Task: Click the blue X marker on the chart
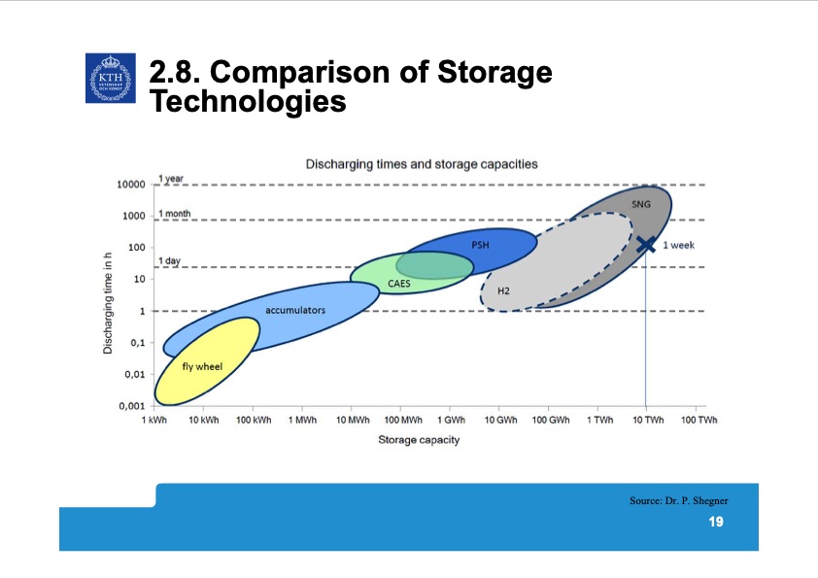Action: click(646, 245)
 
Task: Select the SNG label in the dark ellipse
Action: click(641, 205)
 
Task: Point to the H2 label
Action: click(503, 290)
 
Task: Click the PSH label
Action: click(480, 245)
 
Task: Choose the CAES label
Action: click(399, 284)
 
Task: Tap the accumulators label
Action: click(295, 310)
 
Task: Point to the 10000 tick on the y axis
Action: click(131, 185)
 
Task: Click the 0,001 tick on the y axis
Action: click(131, 406)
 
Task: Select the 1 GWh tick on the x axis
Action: click(450, 420)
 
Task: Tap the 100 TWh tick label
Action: click(699, 420)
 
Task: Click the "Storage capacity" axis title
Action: click(419, 440)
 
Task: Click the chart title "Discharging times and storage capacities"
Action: click(422, 164)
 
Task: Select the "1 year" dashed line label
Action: click(171, 179)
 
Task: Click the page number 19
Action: click(716, 523)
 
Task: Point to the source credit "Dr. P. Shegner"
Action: click(678, 499)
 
